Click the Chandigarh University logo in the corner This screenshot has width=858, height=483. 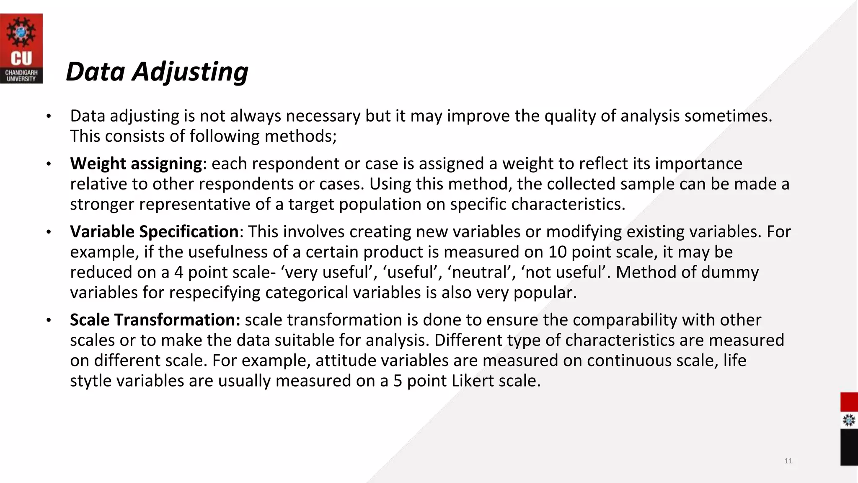pyautogui.click(x=21, y=48)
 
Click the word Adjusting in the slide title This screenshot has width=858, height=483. pyautogui.click(x=190, y=72)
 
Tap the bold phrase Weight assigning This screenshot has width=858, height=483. pyautogui.click(x=136, y=164)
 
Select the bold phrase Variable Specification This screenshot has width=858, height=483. pyautogui.click(x=154, y=231)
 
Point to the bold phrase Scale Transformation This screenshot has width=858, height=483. pyautogui.click(x=155, y=320)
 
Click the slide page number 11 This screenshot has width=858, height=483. pyautogui.click(x=788, y=461)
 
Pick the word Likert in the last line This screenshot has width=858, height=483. pyautogui.click(x=473, y=381)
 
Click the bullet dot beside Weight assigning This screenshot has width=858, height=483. pyautogui.click(x=49, y=164)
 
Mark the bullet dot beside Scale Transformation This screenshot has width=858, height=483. pyautogui.click(x=49, y=320)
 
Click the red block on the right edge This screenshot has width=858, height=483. pyautogui.click(x=849, y=402)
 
